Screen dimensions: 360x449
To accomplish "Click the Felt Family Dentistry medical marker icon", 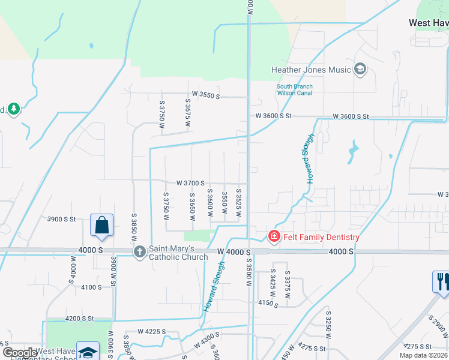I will click(x=274, y=237).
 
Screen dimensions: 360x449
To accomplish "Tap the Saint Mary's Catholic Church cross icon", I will click(x=139, y=252).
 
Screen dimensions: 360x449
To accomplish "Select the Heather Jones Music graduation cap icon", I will click(x=360, y=70).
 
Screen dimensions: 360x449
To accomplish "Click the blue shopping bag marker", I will click(x=102, y=226).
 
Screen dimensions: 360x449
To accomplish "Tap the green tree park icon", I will click(x=13, y=109).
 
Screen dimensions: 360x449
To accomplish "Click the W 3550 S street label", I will click(x=206, y=95).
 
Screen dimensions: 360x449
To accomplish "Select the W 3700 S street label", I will click(x=190, y=183).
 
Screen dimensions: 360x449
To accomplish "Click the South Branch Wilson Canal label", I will click(x=294, y=90).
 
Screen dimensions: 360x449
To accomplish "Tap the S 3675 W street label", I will click(x=188, y=113).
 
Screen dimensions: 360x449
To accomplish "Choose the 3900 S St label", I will click(x=62, y=220).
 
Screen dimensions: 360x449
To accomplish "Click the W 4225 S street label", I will click(x=151, y=331).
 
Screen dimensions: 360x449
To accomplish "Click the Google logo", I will click(x=20, y=352).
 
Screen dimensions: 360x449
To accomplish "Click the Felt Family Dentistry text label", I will click(x=321, y=237).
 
